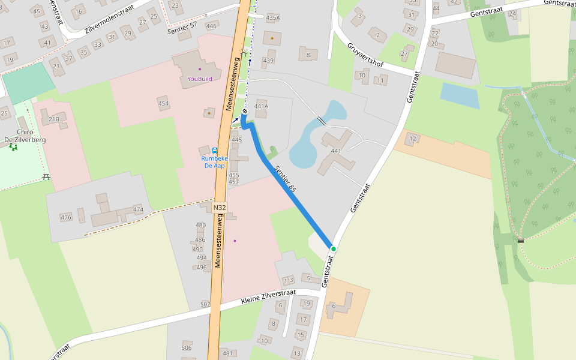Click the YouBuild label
click(200, 79)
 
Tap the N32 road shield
click(220, 208)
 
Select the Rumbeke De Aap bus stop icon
click(215, 150)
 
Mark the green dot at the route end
click(333, 249)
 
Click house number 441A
click(261, 106)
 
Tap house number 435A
click(273, 18)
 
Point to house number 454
click(163, 104)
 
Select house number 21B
click(54, 119)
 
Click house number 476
click(66, 217)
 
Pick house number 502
click(205, 305)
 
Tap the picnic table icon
click(46, 177)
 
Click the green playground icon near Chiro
click(13, 147)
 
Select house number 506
click(187, 348)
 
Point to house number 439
click(268, 61)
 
